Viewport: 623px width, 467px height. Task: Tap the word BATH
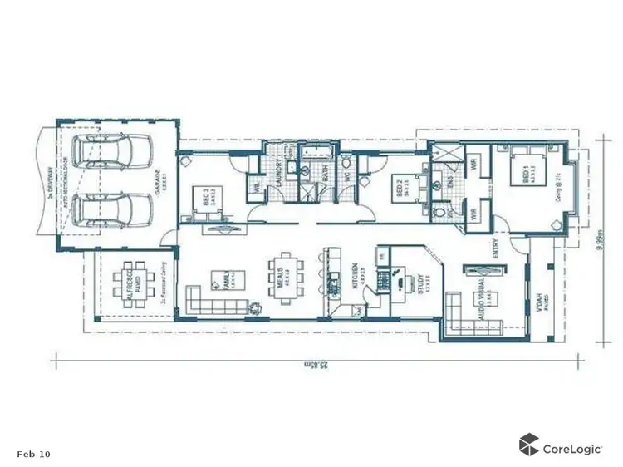(x=326, y=175)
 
